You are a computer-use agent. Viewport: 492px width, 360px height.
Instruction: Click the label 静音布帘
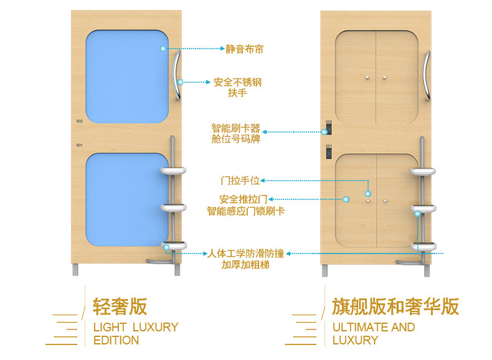point(244,48)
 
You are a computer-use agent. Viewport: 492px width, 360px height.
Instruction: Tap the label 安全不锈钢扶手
point(237,87)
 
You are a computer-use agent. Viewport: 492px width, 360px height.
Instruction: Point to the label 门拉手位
point(240,181)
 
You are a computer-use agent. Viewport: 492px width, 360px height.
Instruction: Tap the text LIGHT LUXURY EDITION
point(135,333)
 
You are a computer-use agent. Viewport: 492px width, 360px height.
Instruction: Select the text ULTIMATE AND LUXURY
point(373,333)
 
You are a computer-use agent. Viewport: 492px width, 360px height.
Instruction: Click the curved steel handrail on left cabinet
point(177,75)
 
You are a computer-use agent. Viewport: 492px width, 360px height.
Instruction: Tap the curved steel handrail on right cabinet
point(427,75)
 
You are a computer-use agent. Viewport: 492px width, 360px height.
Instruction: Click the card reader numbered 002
point(328,130)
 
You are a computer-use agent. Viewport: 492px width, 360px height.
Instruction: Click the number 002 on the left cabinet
point(79,121)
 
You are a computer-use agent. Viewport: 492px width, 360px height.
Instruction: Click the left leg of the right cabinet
point(326,270)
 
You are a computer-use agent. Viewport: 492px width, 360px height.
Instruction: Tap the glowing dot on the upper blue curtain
point(163,48)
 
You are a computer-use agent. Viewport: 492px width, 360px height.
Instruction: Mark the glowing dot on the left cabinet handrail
point(180,82)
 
